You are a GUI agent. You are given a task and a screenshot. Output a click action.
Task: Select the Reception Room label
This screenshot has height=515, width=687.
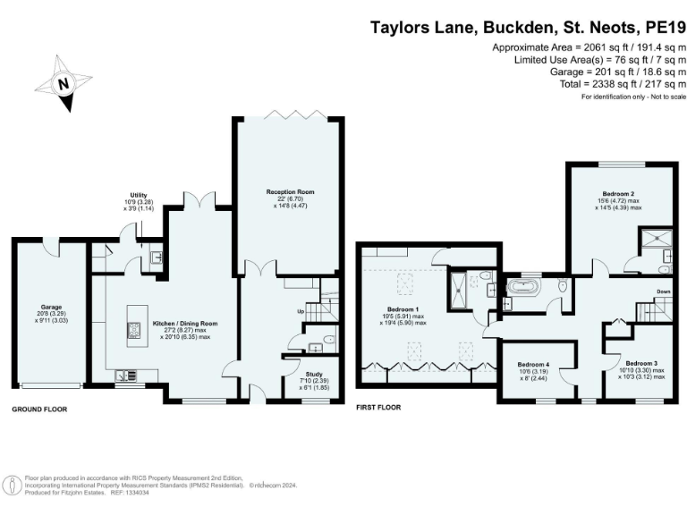point(289,191)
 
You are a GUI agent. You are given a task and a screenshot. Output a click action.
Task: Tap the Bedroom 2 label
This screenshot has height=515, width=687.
point(618,194)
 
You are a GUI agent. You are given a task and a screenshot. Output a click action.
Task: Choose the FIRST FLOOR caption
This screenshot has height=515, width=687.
point(378,407)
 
